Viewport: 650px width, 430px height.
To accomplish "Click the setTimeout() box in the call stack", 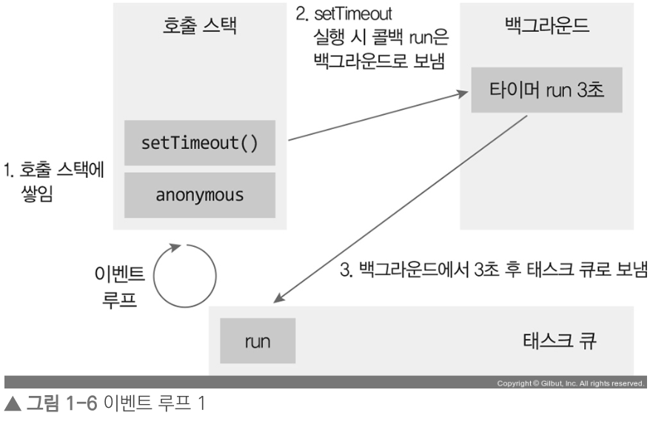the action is tap(199, 142).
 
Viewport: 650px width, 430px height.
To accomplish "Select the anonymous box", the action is tap(199, 195).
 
